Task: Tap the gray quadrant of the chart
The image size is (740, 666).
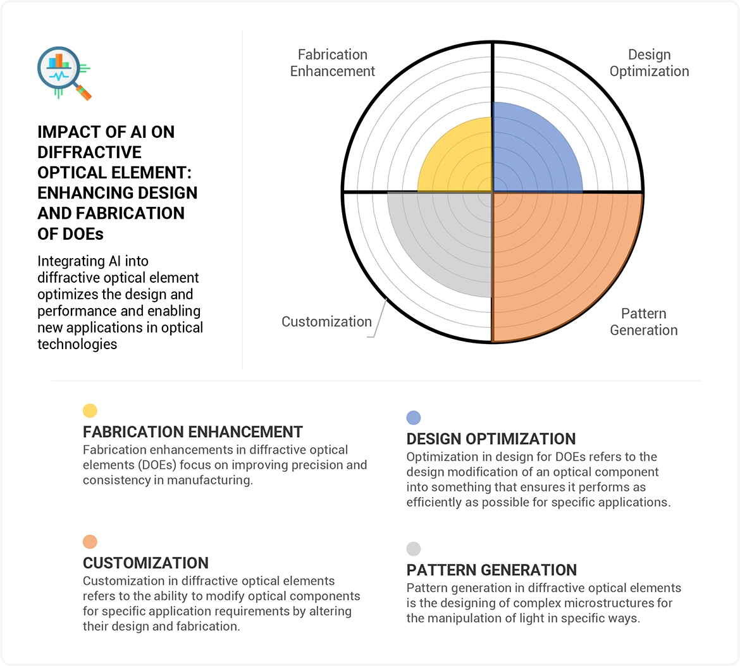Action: pyautogui.click(x=448, y=236)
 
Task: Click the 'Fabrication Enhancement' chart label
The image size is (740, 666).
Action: pyautogui.click(x=332, y=63)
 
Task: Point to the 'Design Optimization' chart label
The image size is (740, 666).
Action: pyautogui.click(x=649, y=63)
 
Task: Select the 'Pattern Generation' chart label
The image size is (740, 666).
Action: pyautogui.click(x=644, y=322)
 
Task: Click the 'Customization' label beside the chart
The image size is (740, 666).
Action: pyautogui.click(x=326, y=321)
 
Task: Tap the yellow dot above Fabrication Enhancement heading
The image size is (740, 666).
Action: pyautogui.click(x=90, y=410)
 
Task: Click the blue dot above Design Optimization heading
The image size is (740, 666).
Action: pyautogui.click(x=414, y=417)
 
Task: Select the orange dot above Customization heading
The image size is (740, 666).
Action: pyautogui.click(x=90, y=542)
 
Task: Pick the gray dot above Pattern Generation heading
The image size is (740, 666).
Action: pyautogui.click(x=414, y=549)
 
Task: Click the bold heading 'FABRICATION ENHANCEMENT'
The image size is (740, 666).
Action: pyautogui.click(x=192, y=432)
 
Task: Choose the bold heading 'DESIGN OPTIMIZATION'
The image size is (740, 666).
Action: pyautogui.click(x=491, y=439)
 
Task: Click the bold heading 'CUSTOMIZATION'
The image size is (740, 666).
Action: pyautogui.click(x=145, y=563)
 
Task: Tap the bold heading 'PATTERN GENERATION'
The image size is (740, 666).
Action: pyautogui.click(x=491, y=570)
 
